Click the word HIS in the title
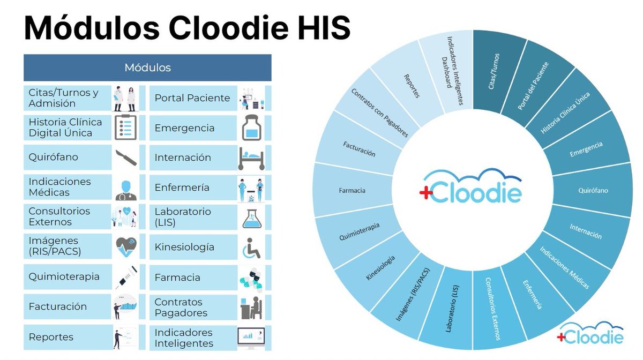[x=321, y=28]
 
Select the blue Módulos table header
[x=147, y=67]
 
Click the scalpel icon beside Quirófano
[x=126, y=157]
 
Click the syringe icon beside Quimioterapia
[x=126, y=277]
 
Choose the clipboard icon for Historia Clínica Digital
[x=126, y=127]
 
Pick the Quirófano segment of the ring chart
[x=593, y=190]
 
